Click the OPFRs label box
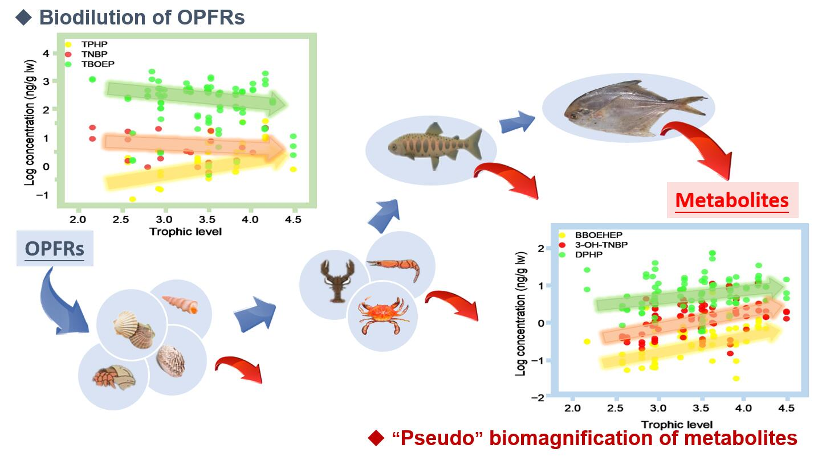click(x=55, y=249)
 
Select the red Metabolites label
click(x=732, y=200)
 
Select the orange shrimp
click(x=394, y=266)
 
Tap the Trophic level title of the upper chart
click(x=185, y=232)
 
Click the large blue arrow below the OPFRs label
click(x=63, y=302)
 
